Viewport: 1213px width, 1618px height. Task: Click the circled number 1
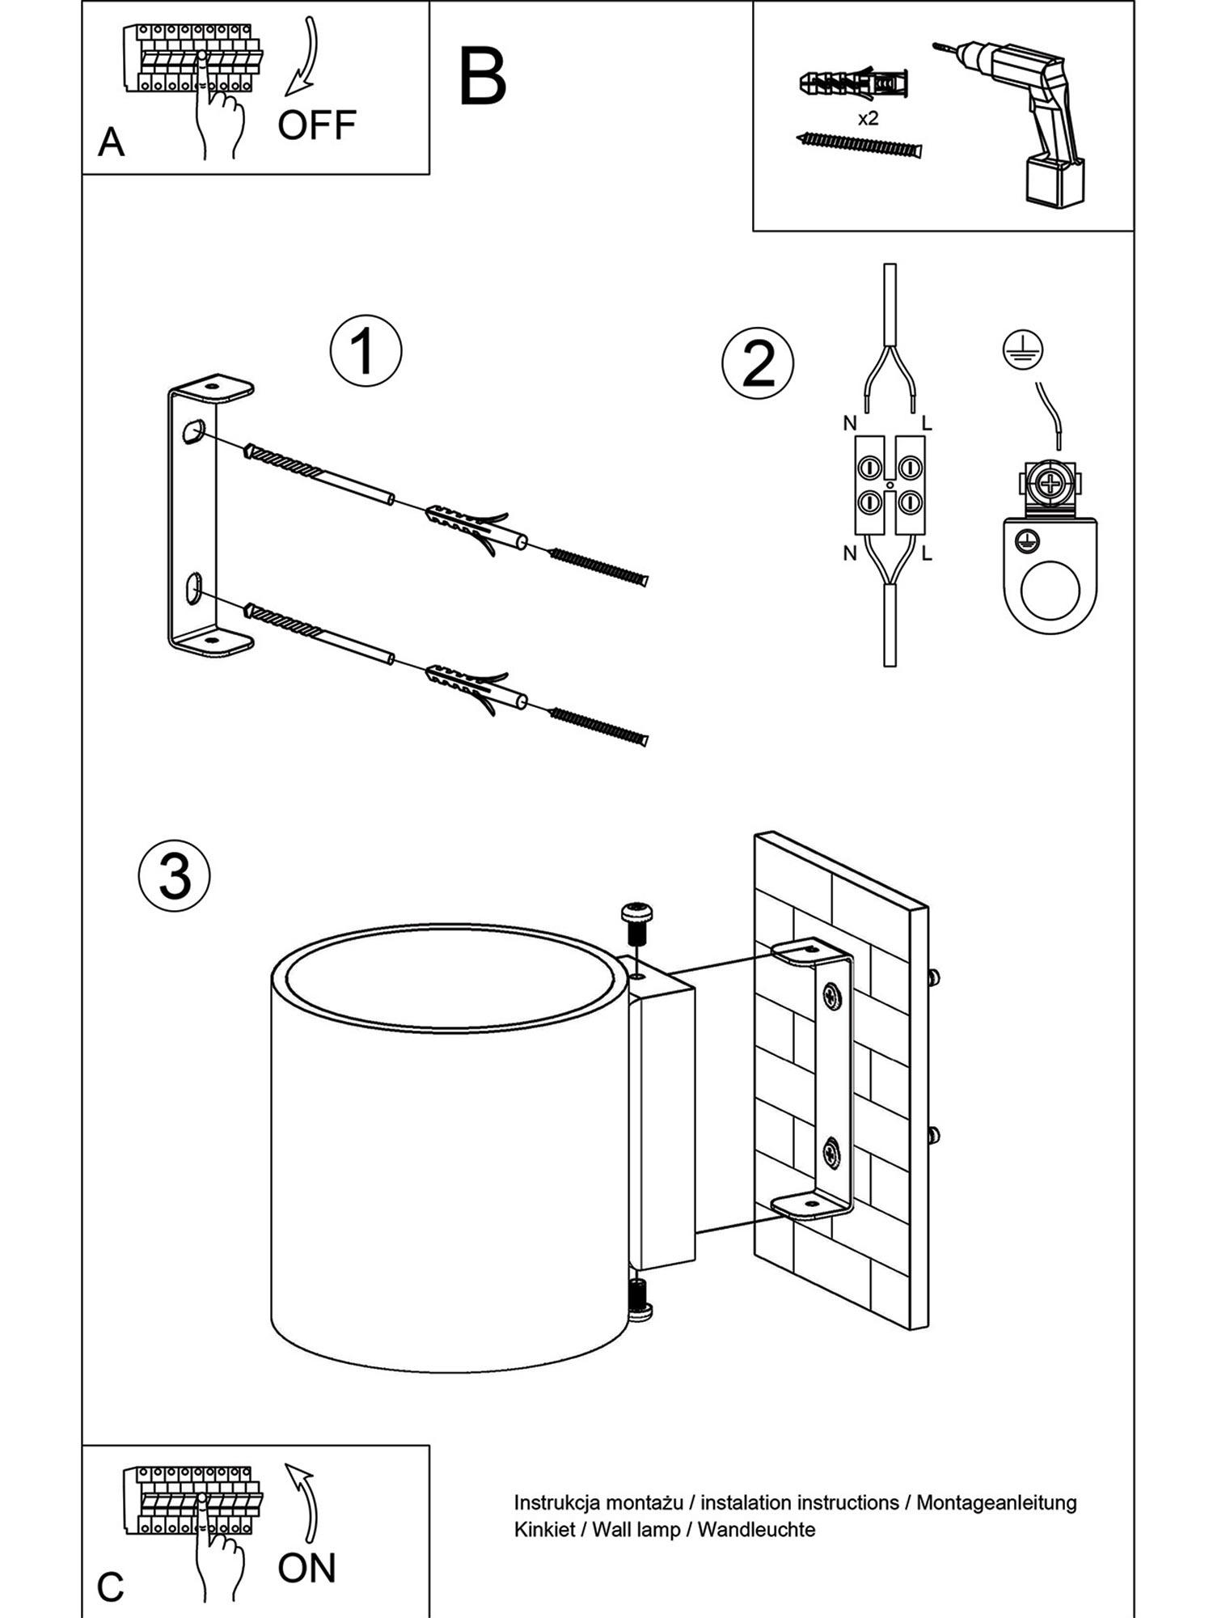tap(366, 351)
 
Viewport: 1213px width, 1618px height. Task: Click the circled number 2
tap(758, 364)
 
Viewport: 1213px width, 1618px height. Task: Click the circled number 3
tap(175, 876)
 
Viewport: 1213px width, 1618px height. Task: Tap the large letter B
tap(483, 78)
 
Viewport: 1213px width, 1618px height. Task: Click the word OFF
tap(316, 125)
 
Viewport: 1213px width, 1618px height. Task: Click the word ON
tap(306, 1568)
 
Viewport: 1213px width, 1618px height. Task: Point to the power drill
tap(1019, 121)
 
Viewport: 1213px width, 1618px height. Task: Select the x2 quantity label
tap(868, 119)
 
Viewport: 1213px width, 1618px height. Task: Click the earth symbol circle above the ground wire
tap(1023, 350)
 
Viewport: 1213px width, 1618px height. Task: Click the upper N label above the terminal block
tap(849, 423)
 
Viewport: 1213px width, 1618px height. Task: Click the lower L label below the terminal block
tap(927, 554)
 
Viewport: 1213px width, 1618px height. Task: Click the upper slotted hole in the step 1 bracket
tap(194, 430)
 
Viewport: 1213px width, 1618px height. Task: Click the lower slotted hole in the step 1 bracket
tap(194, 588)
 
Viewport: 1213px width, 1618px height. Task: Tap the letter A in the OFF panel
tap(111, 143)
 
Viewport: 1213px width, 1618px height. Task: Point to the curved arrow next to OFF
tap(304, 57)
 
